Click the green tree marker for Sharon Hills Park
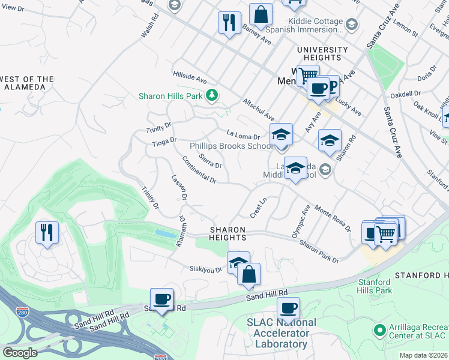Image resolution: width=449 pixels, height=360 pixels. point(211,95)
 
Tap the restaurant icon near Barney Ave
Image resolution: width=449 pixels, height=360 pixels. point(228,23)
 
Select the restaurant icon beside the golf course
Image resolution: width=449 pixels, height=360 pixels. point(47,232)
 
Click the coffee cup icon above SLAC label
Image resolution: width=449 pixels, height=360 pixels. point(288,308)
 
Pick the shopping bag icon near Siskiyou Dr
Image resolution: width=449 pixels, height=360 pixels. point(249,274)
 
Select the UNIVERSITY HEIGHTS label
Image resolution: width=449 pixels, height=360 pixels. point(322,54)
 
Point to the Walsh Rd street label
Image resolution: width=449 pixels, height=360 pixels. point(148,27)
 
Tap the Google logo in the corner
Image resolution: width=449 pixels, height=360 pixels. point(20,353)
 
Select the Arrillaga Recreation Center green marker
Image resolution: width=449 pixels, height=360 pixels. point(379,329)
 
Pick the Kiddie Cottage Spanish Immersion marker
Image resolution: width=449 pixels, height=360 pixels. point(351,25)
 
